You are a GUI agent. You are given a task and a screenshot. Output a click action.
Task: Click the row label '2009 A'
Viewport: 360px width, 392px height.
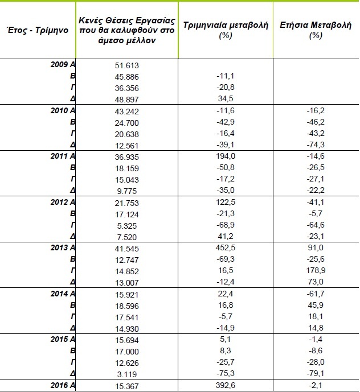click(63, 65)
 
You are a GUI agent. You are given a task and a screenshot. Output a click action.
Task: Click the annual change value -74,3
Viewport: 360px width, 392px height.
click(315, 145)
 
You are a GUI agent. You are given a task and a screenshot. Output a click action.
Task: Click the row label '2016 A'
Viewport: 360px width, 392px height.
click(63, 385)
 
